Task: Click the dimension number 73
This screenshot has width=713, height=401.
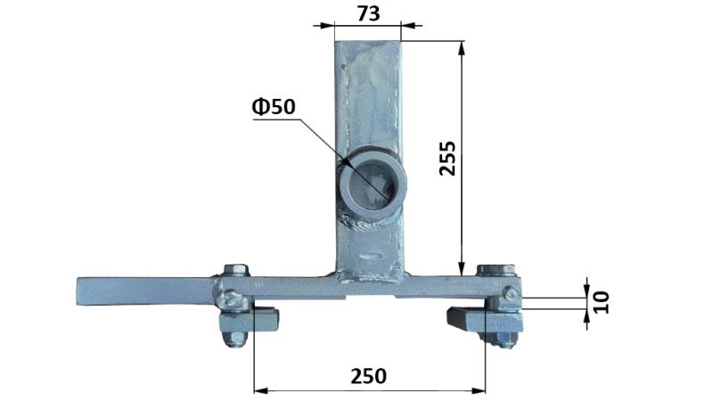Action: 367,13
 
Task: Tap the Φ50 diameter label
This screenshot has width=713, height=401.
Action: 274,107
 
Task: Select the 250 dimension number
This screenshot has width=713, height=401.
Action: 368,376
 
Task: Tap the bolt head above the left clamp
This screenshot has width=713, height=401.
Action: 236,271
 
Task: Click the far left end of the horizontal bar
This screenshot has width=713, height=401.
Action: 82,291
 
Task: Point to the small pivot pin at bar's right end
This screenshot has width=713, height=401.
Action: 510,292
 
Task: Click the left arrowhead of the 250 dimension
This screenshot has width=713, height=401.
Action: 259,389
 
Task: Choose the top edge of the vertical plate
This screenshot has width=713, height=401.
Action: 367,41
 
